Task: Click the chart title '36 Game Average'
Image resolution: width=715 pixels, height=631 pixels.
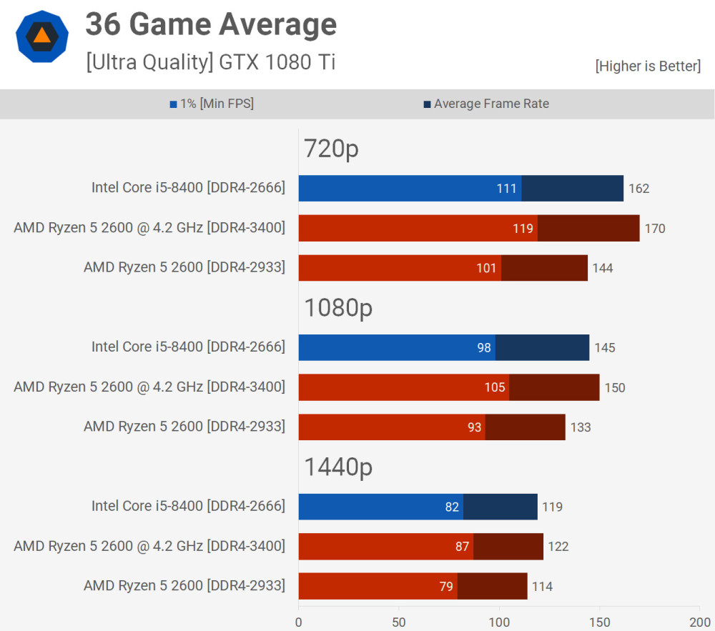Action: point(211,25)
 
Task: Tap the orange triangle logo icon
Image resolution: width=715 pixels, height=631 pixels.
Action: point(42,36)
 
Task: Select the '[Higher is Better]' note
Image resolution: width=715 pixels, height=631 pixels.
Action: point(648,66)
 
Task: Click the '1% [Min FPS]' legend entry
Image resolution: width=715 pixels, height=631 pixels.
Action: point(212,104)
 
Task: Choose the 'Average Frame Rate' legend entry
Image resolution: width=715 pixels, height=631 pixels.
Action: point(486,104)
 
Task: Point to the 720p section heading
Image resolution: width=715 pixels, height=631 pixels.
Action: point(331,149)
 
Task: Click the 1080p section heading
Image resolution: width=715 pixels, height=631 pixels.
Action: point(338,308)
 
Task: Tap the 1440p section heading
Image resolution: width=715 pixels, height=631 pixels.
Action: point(338,467)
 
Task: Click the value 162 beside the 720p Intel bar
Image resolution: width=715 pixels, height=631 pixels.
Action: point(638,189)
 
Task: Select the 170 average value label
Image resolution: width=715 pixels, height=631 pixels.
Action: point(654,229)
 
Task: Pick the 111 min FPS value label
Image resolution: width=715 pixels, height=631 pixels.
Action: point(507,189)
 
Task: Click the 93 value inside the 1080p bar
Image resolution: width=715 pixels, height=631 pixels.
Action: point(475,427)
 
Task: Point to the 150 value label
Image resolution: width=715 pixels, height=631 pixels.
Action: point(614,388)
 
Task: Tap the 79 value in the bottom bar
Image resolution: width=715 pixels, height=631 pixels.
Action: point(446,587)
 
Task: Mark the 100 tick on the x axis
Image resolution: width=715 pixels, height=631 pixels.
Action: point(499,622)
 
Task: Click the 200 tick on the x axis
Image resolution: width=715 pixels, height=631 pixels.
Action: point(699,622)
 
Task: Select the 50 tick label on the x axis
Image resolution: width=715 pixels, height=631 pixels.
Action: point(398,622)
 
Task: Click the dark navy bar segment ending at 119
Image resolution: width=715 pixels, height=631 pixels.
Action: point(500,507)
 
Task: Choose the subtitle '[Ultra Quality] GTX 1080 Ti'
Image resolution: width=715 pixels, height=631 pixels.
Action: point(210,62)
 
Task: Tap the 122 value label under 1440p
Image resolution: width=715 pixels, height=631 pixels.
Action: point(558,547)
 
